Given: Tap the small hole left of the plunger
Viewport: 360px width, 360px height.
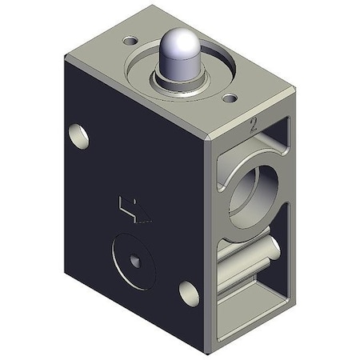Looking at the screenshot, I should click(128, 38).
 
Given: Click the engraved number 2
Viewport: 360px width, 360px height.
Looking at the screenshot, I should click(254, 125).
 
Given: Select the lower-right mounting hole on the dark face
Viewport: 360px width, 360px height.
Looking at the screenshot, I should click(189, 293).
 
